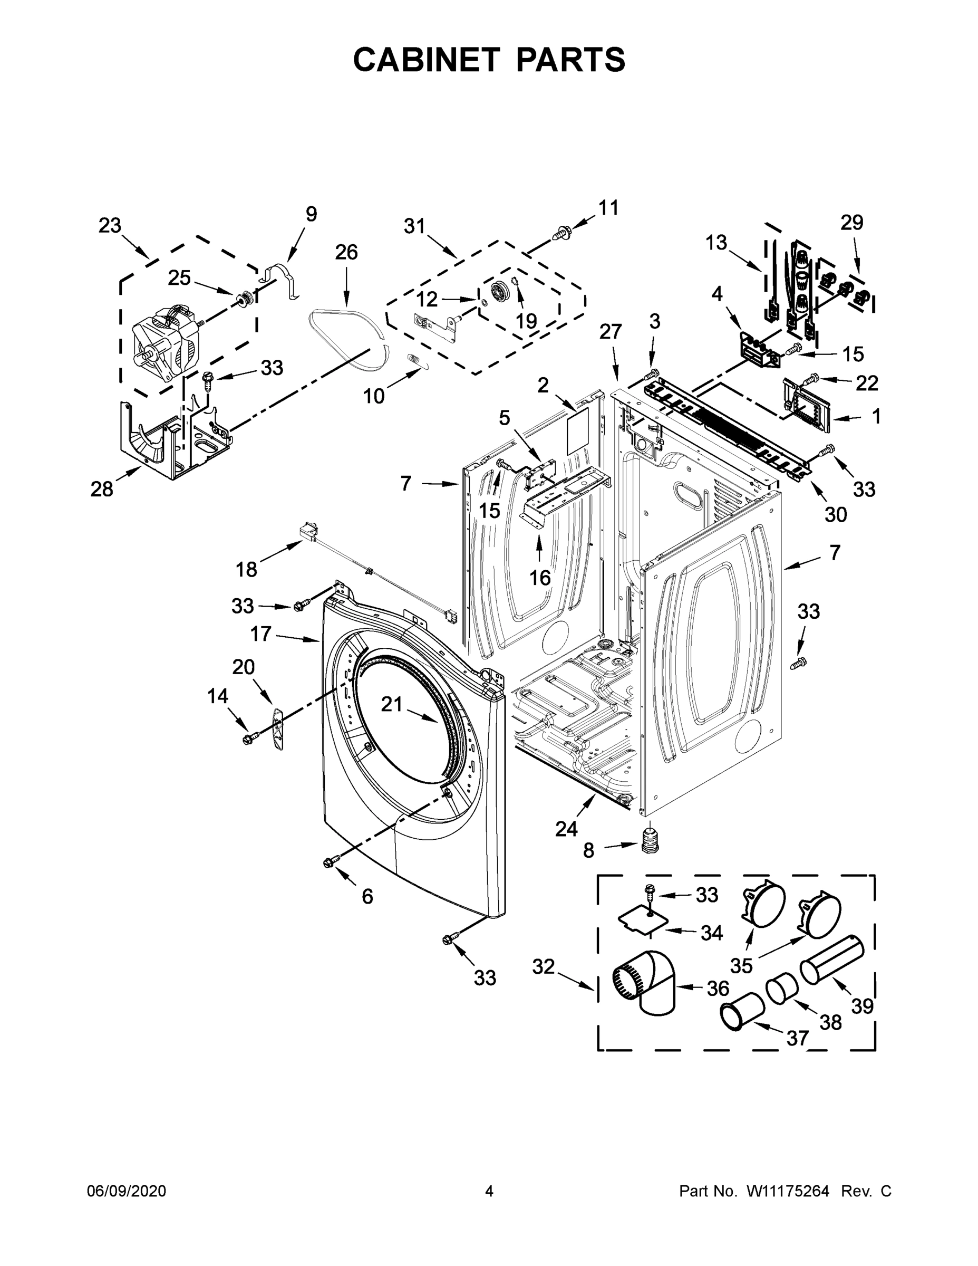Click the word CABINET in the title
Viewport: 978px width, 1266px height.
coord(427,59)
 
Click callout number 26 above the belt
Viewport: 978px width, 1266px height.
coord(346,252)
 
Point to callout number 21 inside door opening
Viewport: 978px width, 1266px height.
coord(392,704)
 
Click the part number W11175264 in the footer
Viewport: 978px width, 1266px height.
coord(787,1191)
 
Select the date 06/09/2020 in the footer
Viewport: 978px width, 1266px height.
coord(127,1191)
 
